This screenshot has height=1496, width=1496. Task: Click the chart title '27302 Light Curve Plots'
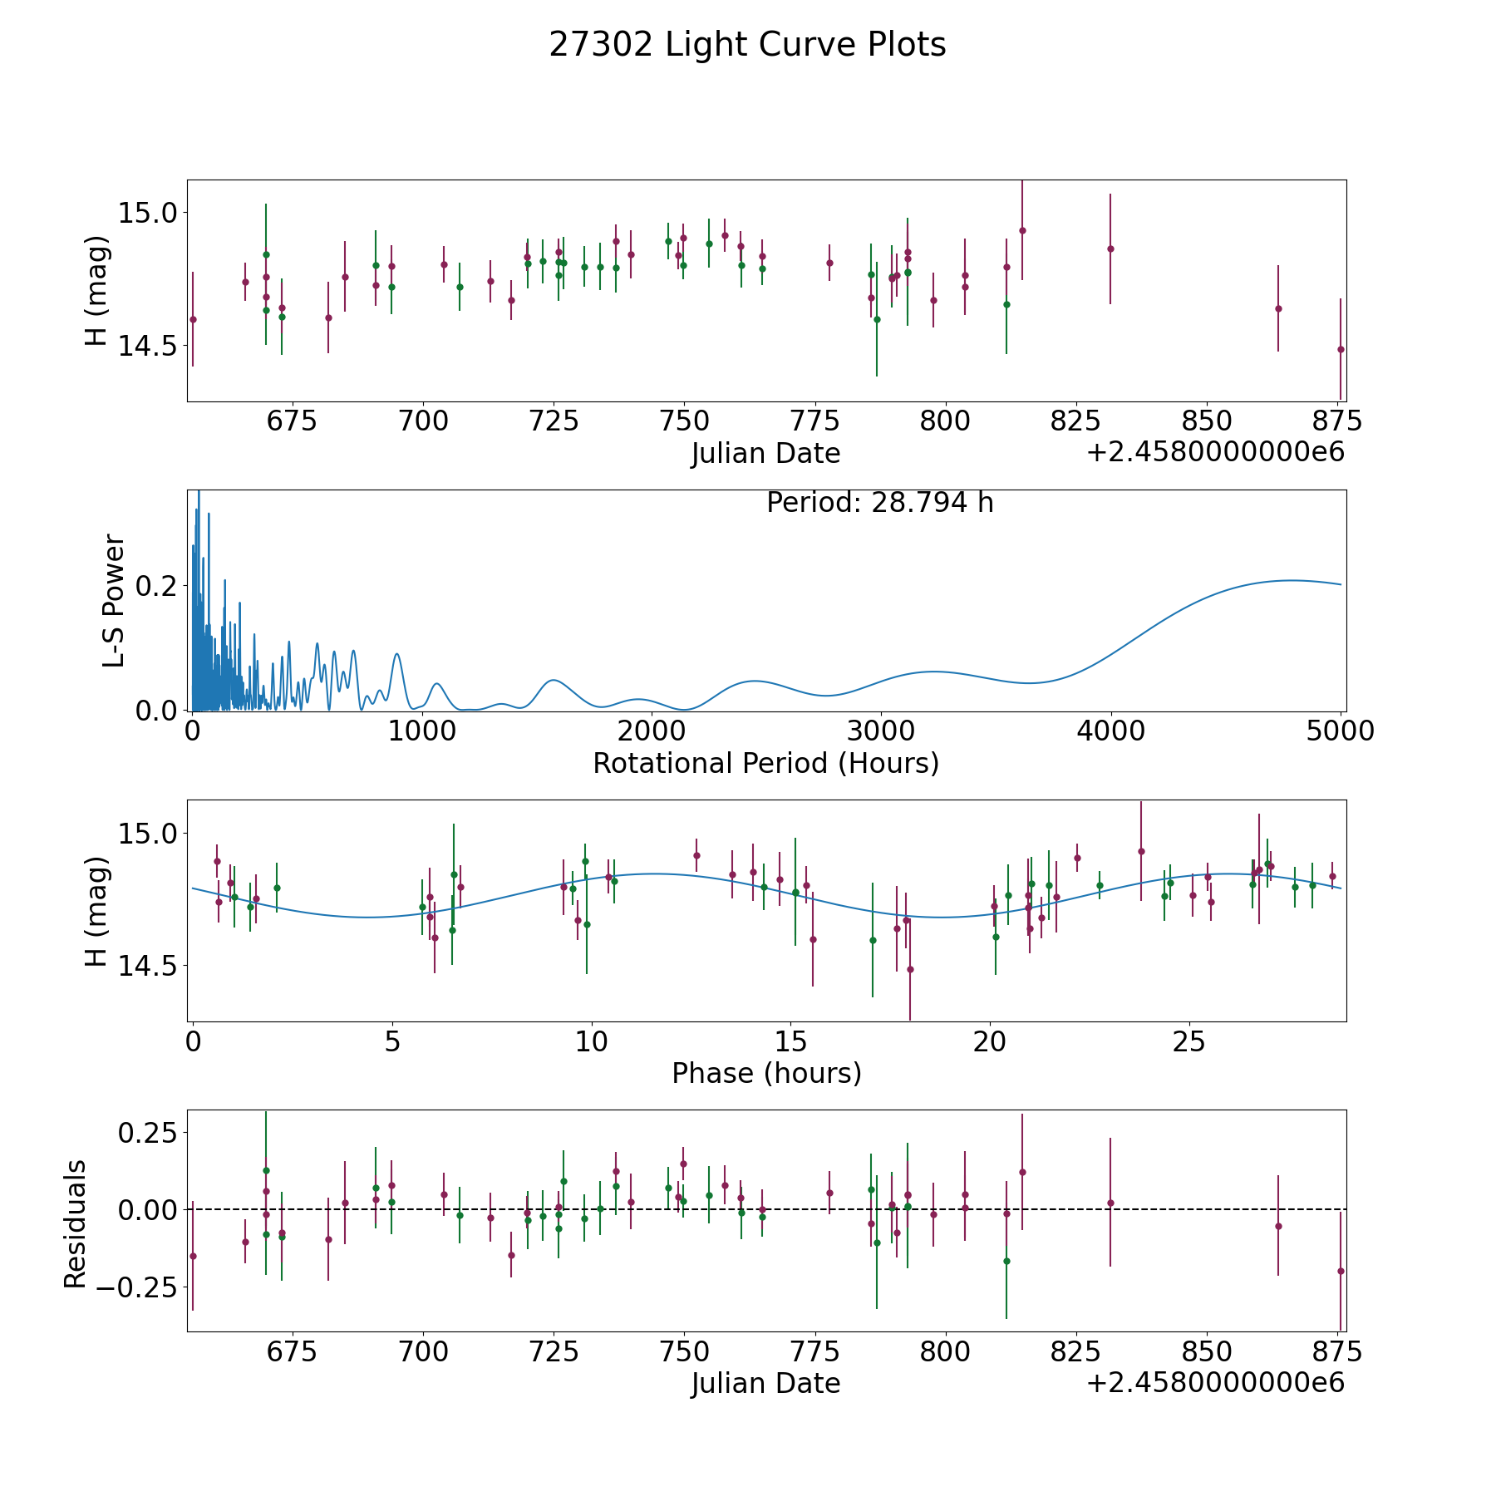click(747, 45)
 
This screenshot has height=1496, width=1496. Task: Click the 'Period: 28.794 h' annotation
click(879, 503)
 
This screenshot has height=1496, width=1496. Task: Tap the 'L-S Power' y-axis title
click(114, 600)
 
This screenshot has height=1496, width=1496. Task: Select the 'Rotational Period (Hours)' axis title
click(765, 763)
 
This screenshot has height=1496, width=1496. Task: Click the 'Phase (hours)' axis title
click(766, 1073)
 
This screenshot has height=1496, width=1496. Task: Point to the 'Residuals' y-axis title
click(76, 1224)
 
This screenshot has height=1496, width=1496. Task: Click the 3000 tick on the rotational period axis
click(880, 731)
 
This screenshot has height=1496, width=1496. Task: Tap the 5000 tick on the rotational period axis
click(1340, 731)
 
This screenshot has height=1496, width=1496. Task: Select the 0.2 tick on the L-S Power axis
click(156, 586)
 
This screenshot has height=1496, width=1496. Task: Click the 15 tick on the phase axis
click(790, 1041)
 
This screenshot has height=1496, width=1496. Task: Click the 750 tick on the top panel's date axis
click(683, 421)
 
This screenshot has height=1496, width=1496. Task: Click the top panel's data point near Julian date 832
click(1110, 249)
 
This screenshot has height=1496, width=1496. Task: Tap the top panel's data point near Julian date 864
click(1278, 308)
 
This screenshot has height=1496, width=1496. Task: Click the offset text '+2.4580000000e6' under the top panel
click(1215, 452)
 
